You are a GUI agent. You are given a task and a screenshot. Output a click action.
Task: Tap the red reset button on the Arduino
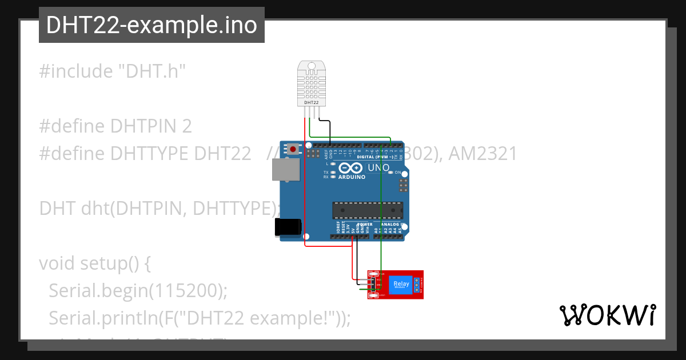coord(293,149)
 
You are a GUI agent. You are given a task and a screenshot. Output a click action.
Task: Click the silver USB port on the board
coord(285,169)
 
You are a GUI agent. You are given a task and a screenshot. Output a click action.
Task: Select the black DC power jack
coord(287,227)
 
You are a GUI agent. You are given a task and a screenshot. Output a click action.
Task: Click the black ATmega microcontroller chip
coord(368,210)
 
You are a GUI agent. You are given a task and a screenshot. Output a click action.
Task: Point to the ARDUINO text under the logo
coord(352,177)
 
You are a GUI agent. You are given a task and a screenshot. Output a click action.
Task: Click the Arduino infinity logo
coord(350,168)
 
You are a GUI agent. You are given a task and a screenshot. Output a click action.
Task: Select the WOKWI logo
coord(607,315)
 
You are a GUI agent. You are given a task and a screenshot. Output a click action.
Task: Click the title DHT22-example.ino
coord(151,25)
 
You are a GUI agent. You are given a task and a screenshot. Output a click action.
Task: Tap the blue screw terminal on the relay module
coord(416,284)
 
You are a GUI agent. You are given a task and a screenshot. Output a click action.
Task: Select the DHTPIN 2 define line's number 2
coord(186,126)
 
